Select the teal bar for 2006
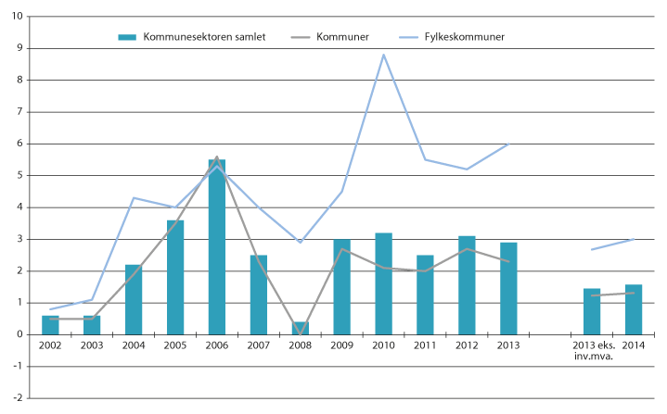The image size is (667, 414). coord(216,246)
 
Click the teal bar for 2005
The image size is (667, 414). coord(174,277)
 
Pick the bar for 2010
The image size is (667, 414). coord(383,283)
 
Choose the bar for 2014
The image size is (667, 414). coord(634,309)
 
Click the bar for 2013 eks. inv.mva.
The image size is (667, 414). coord(592,311)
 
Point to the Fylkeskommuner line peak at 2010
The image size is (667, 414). coord(383,55)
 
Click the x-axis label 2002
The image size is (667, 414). coord(50,345)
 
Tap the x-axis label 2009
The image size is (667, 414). coord(341,345)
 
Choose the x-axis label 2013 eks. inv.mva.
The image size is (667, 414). coord(592,350)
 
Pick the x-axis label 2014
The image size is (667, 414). coord(634,345)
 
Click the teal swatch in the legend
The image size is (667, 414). coord(128,36)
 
